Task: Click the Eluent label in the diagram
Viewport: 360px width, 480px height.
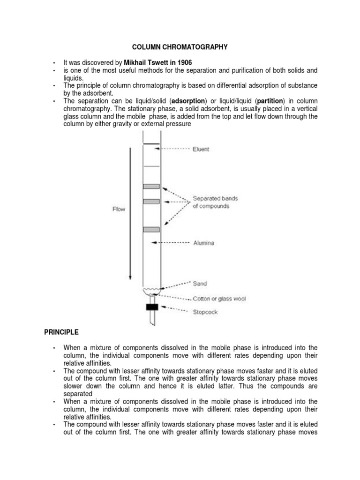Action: click(x=201, y=149)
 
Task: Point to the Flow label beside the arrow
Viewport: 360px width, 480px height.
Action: click(x=118, y=209)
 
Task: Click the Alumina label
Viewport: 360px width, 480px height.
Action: click(x=203, y=243)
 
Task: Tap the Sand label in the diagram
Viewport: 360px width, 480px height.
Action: click(x=200, y=284)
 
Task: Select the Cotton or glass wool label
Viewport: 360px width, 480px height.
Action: click(x=219, y=299)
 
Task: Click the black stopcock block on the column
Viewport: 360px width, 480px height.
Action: click(x=151, y=307)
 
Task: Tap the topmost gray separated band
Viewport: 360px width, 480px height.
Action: click(x=151, y=187)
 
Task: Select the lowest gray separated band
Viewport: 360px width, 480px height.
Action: click(x=151, y=229)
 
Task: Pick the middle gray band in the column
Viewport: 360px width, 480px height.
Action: click(x=151, y=202)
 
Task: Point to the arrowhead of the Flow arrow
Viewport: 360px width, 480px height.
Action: click(x=130, y=277)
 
